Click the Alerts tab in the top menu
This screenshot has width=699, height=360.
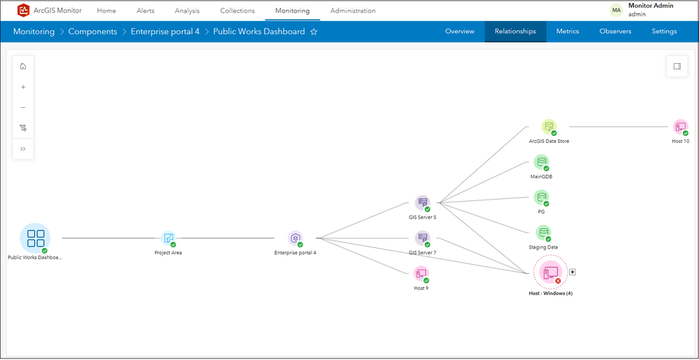tap(145, 11)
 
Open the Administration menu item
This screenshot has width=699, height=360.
tap(352, 11)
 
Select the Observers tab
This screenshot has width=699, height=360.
tap(615, 32)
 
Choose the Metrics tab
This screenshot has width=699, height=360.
tap(567, 32)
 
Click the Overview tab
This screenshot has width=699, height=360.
tap(459, 32)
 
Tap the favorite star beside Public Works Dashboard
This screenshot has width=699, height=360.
tap(314, 32)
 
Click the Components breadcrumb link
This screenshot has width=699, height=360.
tap(92, 32)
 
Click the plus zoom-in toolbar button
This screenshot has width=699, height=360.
tap(23, 87)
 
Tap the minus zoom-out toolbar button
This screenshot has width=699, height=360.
tap(23, 107)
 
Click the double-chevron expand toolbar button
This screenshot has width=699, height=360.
tap(23, 148)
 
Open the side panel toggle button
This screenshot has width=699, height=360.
tap(677, 67)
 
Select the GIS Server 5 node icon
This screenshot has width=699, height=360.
tap(422, 202)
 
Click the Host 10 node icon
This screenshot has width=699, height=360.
tap(680, 127)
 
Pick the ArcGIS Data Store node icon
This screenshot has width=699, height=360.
tap(549, 127)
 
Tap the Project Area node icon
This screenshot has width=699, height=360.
tap(169, 238)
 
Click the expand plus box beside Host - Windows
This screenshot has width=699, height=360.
tap(573, 272)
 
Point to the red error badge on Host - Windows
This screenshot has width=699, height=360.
tap(558, 281)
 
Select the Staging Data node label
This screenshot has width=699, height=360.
tap(543, 247)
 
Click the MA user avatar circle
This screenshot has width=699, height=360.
tap(616, 11)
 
